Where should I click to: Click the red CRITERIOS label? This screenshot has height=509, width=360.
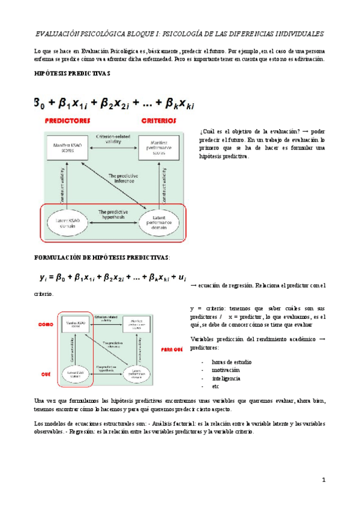159,120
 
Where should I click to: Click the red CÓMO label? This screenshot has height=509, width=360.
46,324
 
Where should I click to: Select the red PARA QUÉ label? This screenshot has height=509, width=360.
171,349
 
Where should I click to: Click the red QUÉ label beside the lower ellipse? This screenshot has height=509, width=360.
46,373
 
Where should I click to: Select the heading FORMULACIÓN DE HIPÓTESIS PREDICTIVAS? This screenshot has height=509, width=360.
101,257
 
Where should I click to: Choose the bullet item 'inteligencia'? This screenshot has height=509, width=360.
226,378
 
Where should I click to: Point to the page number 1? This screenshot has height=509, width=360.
323,480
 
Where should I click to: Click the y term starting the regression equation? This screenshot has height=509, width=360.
43,278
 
